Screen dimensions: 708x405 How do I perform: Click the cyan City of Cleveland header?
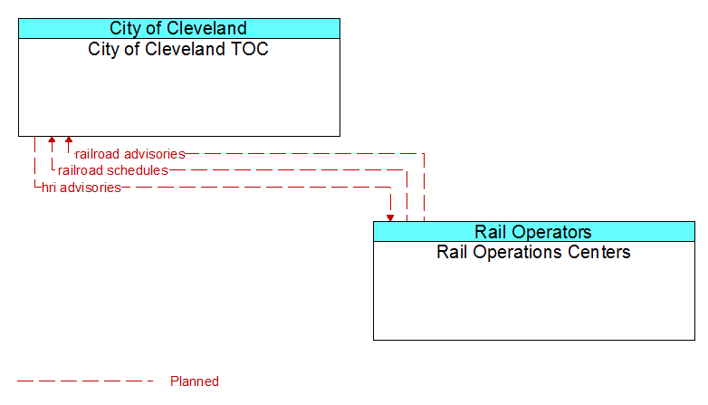tap(178, 28)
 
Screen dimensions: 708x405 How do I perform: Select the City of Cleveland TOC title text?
tap(178, 49)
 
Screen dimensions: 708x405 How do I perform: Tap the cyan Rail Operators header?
tap(533, 231)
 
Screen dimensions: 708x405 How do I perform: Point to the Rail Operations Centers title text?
tap(533, 252)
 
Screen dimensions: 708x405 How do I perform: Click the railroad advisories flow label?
tap(130, 154)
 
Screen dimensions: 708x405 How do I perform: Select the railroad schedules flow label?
tap(113, 170)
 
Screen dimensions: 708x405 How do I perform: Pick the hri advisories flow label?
tap(81, 188)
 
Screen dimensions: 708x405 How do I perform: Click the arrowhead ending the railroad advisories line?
tap(69, 140)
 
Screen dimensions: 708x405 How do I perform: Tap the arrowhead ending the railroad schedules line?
tap(52, 140)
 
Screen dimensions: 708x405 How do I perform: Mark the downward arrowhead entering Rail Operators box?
tap(390, 218)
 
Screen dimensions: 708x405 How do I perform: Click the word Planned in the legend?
tap(195, 381)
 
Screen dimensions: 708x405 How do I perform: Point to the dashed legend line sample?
tap(85, 381)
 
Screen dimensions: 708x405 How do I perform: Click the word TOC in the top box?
tap(250, 49)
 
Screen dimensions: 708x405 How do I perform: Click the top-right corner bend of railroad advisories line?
tap(424, 154)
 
